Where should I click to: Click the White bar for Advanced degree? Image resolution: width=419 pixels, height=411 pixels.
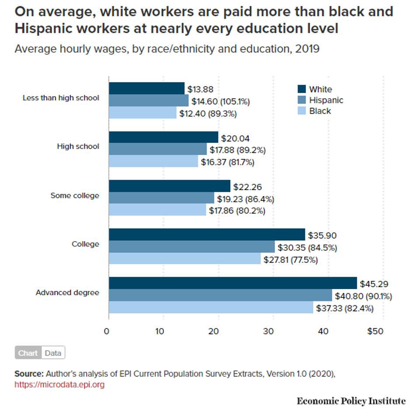click(x=232, y=283)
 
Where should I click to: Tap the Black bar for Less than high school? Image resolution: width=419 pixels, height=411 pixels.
click(x=142, y=113)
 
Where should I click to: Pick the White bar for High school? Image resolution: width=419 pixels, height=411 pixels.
click(x=163, y=138)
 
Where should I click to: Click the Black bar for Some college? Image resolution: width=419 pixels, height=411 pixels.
click(x=157, y=210)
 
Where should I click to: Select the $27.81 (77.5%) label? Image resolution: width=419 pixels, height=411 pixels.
click(x=290, y=259)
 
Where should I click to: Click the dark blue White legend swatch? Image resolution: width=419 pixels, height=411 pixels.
click(x=301, y=89)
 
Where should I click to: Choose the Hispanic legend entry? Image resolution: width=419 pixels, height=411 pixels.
click(x=326, y=100)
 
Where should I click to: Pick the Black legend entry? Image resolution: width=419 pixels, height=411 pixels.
click(x=320, y=111)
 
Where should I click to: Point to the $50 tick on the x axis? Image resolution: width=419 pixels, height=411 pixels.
click(x=375, y=331)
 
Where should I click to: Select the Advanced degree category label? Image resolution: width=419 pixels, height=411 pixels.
click(x=67, y=293)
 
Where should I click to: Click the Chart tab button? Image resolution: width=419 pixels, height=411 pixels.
click(x=28, y=353)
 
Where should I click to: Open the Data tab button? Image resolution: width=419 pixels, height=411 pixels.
click(x=53, y=353)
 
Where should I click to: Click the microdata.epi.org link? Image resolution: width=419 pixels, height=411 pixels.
click(x=59, y=385)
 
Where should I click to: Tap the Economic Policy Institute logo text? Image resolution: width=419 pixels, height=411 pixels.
click(x=351, y=401)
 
